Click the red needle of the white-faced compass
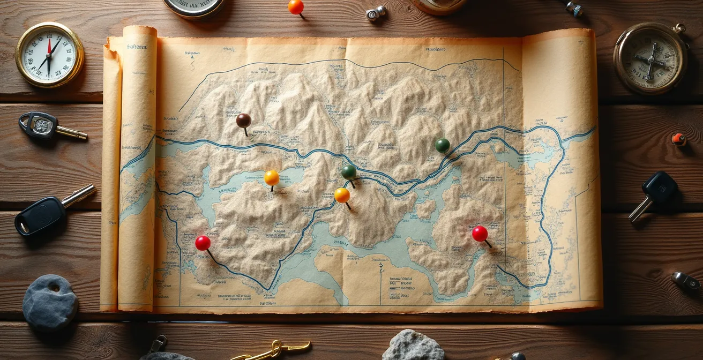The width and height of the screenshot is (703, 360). coord(49,48)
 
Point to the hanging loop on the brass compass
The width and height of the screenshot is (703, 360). coord(680,28)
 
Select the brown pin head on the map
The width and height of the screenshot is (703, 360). coord(244,121)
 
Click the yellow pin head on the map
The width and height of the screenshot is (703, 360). coord(272,177)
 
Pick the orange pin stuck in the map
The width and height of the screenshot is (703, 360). coord(342,195)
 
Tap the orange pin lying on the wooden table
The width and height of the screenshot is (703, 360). coord(296,7)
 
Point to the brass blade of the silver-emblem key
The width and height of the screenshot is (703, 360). coord(71,133)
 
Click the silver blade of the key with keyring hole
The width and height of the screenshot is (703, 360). coord(79,195)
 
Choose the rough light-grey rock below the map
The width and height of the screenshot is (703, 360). coord(413,346)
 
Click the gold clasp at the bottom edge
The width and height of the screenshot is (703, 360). coord(273,350)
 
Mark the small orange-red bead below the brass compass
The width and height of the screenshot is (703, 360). coord(678,139)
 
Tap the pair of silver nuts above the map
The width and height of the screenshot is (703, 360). coord(376,13)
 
